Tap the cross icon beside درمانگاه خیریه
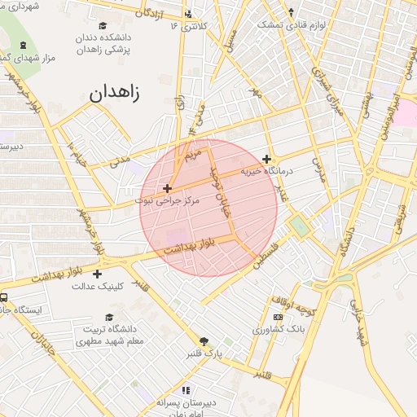tap(266, 160)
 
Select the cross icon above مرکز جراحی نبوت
tap(168, 188)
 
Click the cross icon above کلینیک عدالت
tap(98, 274)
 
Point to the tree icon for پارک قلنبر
tap(204, 341)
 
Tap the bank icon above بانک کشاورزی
tap(279, 317)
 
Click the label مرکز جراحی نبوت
tap(166, 200)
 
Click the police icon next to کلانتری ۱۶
tap(189, 13)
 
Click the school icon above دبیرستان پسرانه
tap(186, 390)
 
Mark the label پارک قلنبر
tap(224, 353)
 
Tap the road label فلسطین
tap(266, 257)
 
